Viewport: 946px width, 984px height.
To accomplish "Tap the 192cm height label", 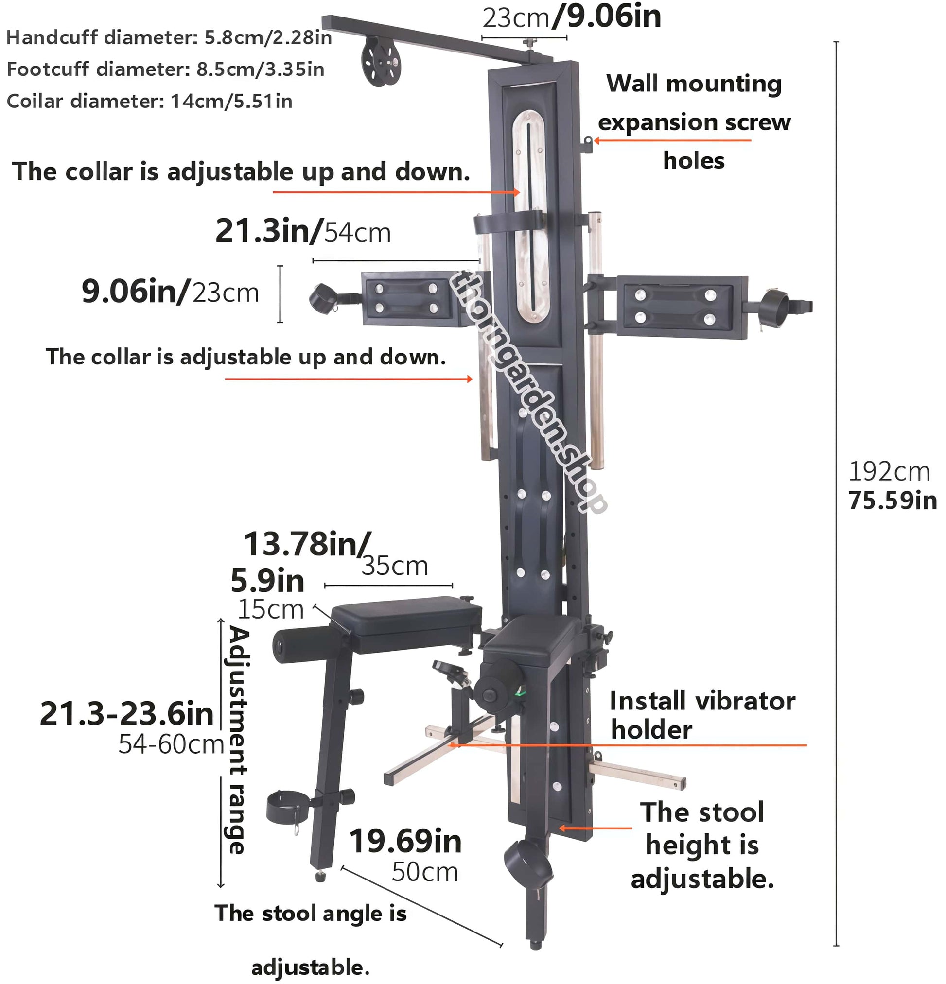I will tap(889, 471).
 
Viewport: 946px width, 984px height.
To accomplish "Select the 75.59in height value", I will tap(892, 501).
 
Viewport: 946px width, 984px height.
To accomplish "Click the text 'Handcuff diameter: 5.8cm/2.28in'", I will tap(169, 37).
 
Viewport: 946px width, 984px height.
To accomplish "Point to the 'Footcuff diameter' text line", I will tap(165, 69).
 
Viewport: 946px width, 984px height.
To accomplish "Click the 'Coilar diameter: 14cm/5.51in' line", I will tap(149, 101).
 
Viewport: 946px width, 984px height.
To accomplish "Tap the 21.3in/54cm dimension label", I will tap(303, 231).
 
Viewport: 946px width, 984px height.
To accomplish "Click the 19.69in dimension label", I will tap(405, 842).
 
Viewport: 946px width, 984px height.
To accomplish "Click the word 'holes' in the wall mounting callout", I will tap(693, 161).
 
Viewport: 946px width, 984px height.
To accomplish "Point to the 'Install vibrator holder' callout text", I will tap(701, 715).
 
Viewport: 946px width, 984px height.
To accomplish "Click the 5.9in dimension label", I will tap(267, 581).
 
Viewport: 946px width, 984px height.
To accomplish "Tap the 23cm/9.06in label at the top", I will tap(571, 17).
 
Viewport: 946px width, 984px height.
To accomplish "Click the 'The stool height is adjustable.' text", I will tap(702, 846).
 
